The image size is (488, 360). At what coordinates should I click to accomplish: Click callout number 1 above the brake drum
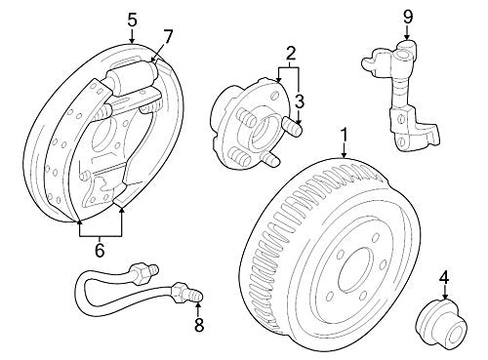tap(344, 133)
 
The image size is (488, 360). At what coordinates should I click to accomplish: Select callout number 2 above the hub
tap(291, 52)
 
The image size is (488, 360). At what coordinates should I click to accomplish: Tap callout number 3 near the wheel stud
tap(301, 100)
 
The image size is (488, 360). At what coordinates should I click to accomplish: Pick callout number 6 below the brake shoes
tap(100, 252)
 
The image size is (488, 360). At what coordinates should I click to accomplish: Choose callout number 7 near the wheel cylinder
tap(168, 37)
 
